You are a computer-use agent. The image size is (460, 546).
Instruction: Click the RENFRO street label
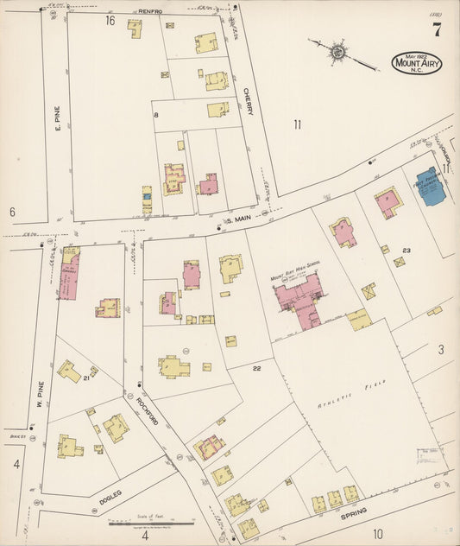coord(152,11)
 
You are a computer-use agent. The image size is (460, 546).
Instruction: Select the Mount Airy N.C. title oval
coord(416,63)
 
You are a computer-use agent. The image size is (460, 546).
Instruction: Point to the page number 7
coord(437,31)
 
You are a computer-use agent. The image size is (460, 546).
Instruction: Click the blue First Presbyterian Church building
coord(429,185)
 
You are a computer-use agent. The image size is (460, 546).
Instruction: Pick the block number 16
coord(110,20)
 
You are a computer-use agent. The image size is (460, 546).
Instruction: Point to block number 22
coord(256,369)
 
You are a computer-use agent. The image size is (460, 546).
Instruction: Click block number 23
coord(406,251)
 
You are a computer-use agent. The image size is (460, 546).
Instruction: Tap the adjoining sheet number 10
coord(377,533)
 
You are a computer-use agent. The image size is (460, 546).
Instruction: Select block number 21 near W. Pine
coord(86,378)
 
